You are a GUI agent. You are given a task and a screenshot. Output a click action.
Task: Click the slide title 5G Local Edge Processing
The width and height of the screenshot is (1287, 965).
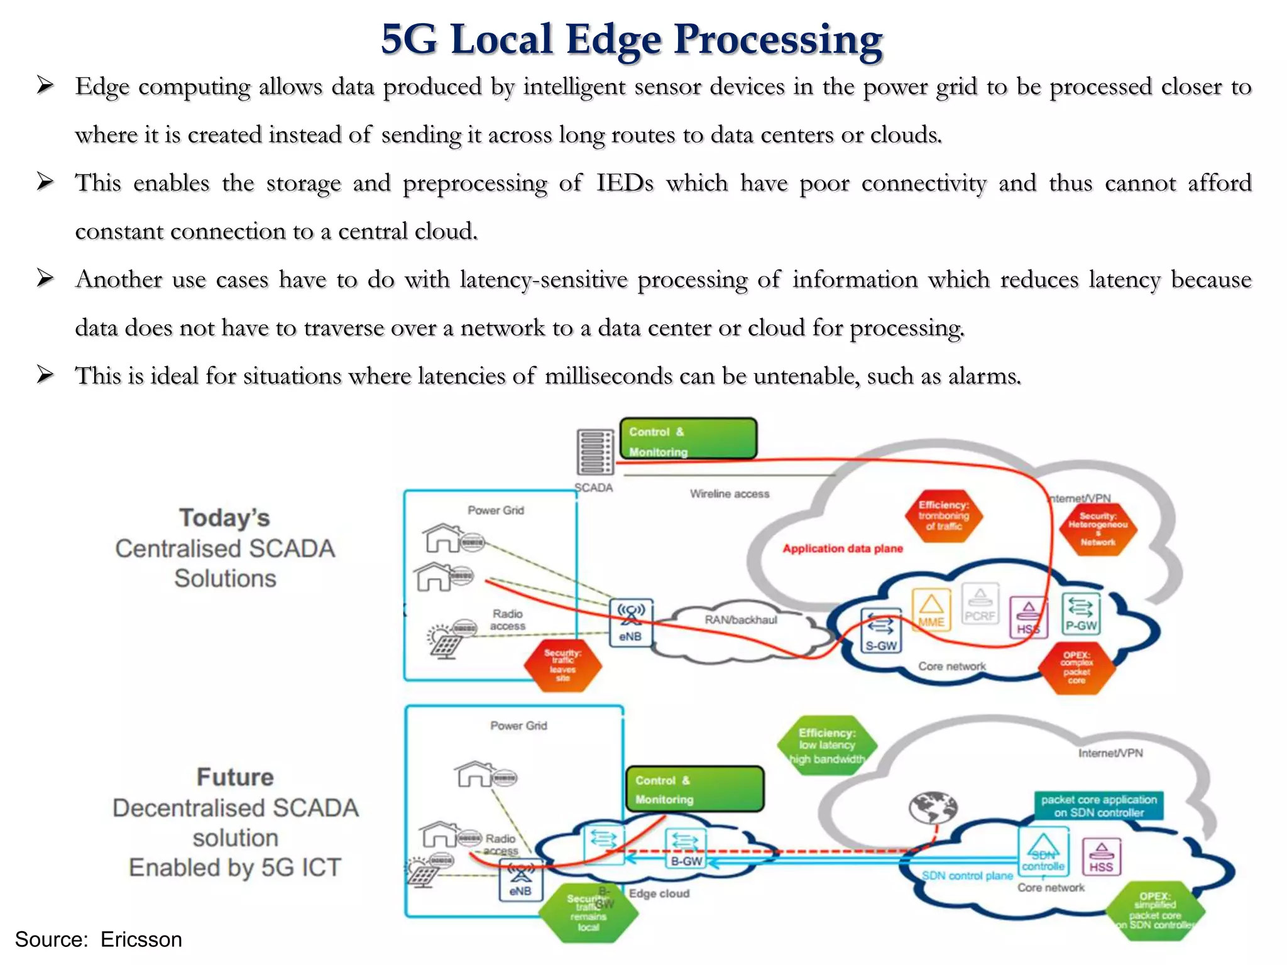click(x=632, y=39)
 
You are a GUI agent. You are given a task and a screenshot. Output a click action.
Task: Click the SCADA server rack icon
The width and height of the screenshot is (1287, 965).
click(x=594, y=452)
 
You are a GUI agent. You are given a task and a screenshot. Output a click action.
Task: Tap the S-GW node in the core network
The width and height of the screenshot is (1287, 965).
click(x=880, y=631)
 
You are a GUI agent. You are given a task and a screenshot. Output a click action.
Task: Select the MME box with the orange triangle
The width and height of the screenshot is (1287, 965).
click(x=931, y=609)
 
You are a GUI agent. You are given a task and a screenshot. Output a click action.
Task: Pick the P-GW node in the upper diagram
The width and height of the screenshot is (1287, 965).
click(x=1081, y=613)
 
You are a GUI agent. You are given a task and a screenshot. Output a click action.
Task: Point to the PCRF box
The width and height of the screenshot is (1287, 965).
click(x=980, y=606)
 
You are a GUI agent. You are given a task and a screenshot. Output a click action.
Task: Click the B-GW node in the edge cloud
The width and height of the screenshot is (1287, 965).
click(x=686, y=849)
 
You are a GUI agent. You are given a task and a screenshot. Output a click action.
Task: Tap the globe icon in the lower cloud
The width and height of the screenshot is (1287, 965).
click(x=933, y=807)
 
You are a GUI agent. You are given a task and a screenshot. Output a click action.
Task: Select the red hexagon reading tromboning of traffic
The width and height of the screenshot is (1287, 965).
click(x=943, y=516)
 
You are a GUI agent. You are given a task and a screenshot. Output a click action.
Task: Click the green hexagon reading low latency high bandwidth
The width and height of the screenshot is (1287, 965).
click(x=826, y=746)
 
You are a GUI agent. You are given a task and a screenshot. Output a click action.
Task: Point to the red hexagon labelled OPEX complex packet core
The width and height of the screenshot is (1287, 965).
click(x=1076, y=668)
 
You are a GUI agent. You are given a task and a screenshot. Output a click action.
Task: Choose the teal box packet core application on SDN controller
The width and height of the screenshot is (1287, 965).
click(x=1098, y=805)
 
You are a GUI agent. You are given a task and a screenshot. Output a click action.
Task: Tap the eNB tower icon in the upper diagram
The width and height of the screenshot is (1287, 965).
click(x=631, y=622)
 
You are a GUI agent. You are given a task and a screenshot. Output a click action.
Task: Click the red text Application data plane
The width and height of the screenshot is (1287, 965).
click(x=842, y=548)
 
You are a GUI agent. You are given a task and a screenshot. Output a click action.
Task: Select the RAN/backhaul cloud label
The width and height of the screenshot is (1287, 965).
click(x=740, y=620)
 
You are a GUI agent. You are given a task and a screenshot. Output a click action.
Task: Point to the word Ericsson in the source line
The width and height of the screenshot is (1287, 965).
click(x=141, y=939)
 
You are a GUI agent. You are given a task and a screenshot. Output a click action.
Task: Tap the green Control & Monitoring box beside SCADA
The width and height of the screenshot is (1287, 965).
click(x=688, y=439)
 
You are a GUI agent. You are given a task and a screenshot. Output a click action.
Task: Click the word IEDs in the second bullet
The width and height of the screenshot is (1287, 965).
click(x=625, y=183)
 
